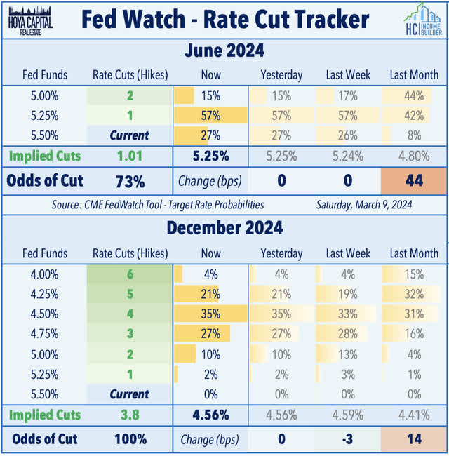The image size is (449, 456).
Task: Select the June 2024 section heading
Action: pyautogui.click(x=224, y=51)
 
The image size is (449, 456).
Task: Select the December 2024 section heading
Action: pyautogui.click(x=224, y=229)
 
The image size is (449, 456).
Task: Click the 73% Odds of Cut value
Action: pyautogui.click(x=130, y=181)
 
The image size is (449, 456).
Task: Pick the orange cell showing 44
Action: pyautogui.click(x=413, y=180)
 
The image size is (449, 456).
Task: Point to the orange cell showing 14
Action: pyautogui.click(x=413, y=439)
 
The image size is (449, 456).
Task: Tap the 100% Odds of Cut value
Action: pyautogui.click(x=130, y=440)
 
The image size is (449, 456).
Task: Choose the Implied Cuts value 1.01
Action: pyautogui.click(x=130, y=156)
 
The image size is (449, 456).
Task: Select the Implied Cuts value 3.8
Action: pyautogui.click(x=130, y=415)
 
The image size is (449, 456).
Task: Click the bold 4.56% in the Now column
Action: pyautogui.click(x=210, y=415)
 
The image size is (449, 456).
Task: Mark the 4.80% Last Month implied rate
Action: pyautogui.click(x=413, y=156)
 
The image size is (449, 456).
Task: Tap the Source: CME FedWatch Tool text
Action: pyautogui.click(x=158, y=205)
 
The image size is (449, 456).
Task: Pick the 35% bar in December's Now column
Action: pyautogui.click(x=210, y=314)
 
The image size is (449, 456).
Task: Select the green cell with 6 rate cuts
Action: pyautogui.click(x=130, y=274)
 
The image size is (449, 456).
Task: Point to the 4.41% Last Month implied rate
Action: pyautogui.click(x=413, y=415)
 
